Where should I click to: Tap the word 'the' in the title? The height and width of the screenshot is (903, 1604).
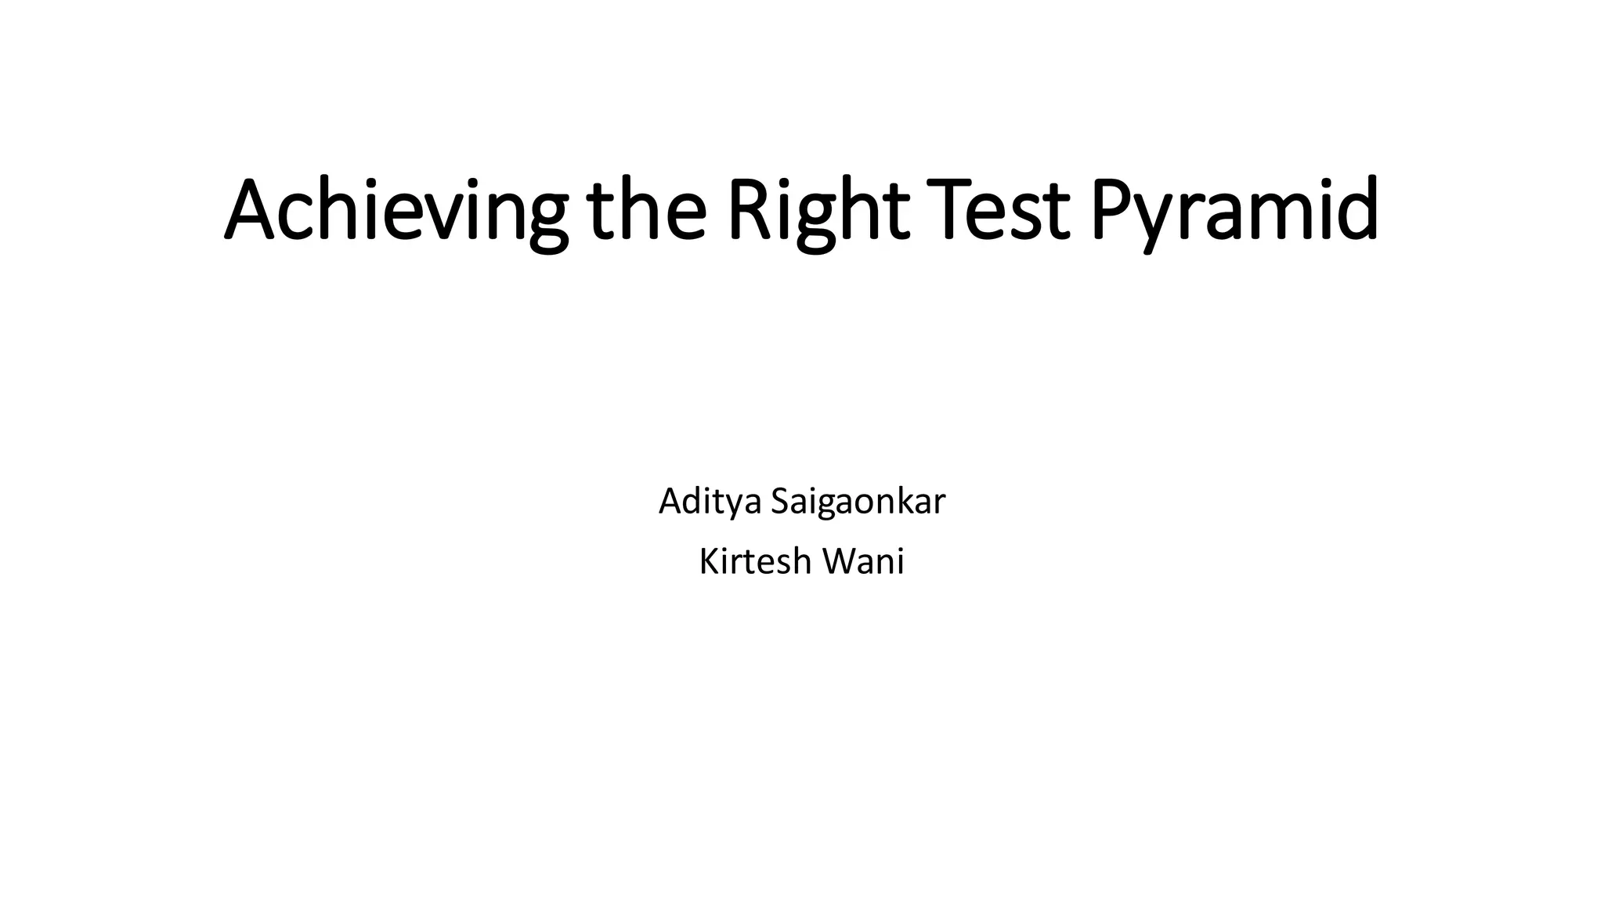pyautogui.click(x=646, y=210)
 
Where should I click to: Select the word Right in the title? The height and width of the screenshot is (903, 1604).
pyautogui.click(x=818, y=210)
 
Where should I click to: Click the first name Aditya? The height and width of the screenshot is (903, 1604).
pyautogui.click(x=710, y=502)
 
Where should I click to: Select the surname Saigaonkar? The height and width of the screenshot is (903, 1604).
pyautogui.click(x=858, y=502)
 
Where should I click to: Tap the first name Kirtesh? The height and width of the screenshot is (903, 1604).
pyautogui.click(x=755, y=561)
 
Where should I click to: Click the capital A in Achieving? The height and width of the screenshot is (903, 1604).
pyautogui.click(x=252, y=210)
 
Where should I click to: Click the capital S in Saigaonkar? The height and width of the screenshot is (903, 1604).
pyautogui.click(x=780, y=502)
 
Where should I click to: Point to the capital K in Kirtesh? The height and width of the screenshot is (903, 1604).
pyautogui.click(x=709, y=561)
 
